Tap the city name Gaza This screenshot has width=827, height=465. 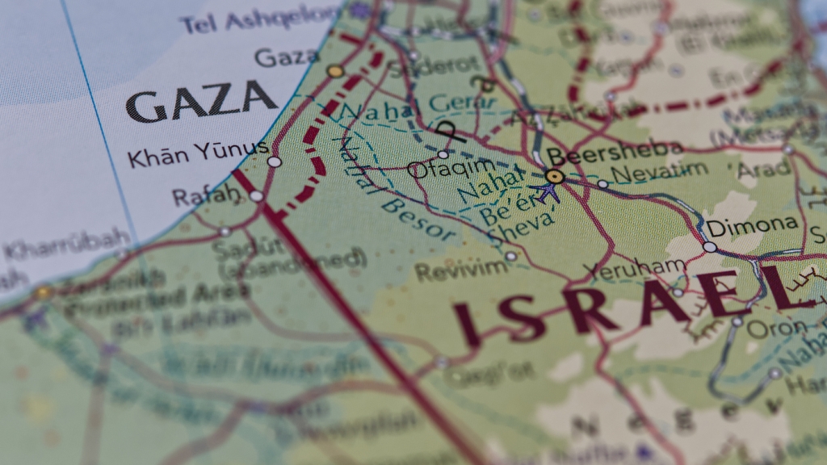pyautogui.click(x=287, y=57)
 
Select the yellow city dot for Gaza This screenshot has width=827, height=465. pyautogui.click(x=335, y=71)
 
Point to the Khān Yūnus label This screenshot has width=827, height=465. pyautogui.click(x=198, y=153)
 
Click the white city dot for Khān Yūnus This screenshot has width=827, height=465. pyautogui.click(x=275, y=161)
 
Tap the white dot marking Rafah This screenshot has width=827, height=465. pyautogui.click(x=256, y=196)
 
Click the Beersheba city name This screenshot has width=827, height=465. pyautogui.click(x=615, y=152)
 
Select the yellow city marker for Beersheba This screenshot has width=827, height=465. pyautogui.click(x=554, y=176)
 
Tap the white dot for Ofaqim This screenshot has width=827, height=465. pyautogui.click(x=443, y=154)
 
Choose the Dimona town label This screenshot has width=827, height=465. pyautogui.click(x=752, y=225)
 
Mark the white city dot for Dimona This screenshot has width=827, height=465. pyautogui.click(x=709, y=246)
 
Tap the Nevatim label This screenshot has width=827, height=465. pyautogui.click(x=659, y=172)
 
